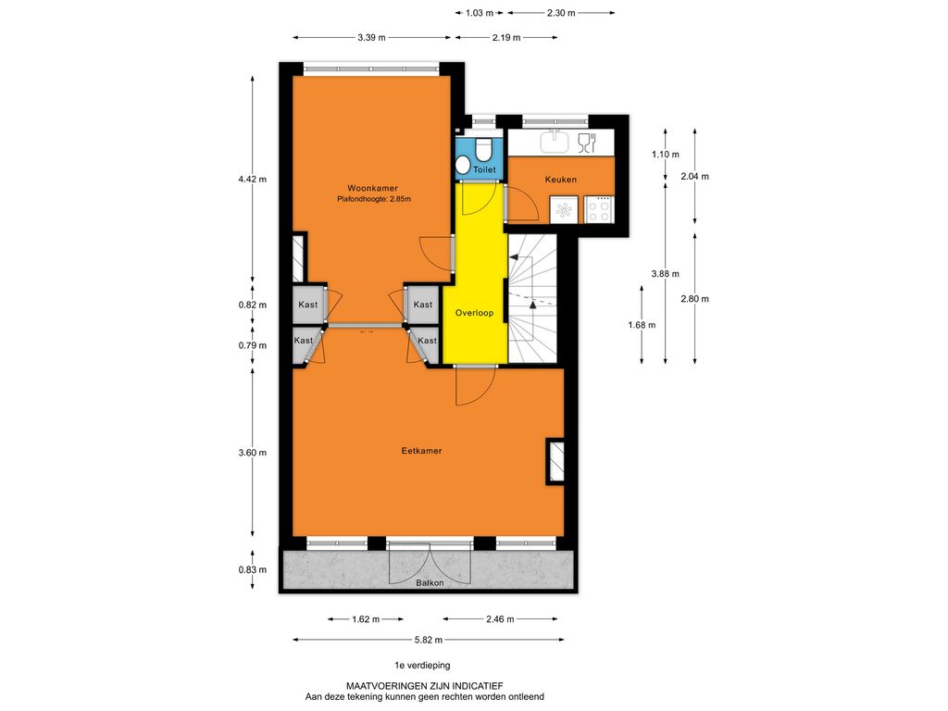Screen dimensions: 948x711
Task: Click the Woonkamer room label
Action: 372,188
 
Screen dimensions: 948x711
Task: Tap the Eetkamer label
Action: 421,451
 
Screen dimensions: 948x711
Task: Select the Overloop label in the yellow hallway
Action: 474,313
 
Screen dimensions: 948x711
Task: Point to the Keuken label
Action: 560,180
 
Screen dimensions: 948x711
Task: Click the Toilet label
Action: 484,170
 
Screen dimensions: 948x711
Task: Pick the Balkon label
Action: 430,583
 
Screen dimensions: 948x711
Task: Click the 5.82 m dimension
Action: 429,640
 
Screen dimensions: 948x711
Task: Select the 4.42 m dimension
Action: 252,179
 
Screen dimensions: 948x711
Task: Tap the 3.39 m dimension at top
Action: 371,37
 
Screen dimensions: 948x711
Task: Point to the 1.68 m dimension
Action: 642,325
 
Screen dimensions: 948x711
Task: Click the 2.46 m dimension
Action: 500,619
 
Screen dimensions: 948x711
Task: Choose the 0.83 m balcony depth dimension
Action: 252,569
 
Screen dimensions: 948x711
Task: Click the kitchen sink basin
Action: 555,142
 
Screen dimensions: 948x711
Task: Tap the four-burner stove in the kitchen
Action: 599,210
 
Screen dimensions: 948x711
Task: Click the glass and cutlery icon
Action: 587,143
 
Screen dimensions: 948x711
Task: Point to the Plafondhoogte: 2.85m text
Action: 374,199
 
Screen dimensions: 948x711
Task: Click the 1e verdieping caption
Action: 422,665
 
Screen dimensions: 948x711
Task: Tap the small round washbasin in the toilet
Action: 464,165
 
